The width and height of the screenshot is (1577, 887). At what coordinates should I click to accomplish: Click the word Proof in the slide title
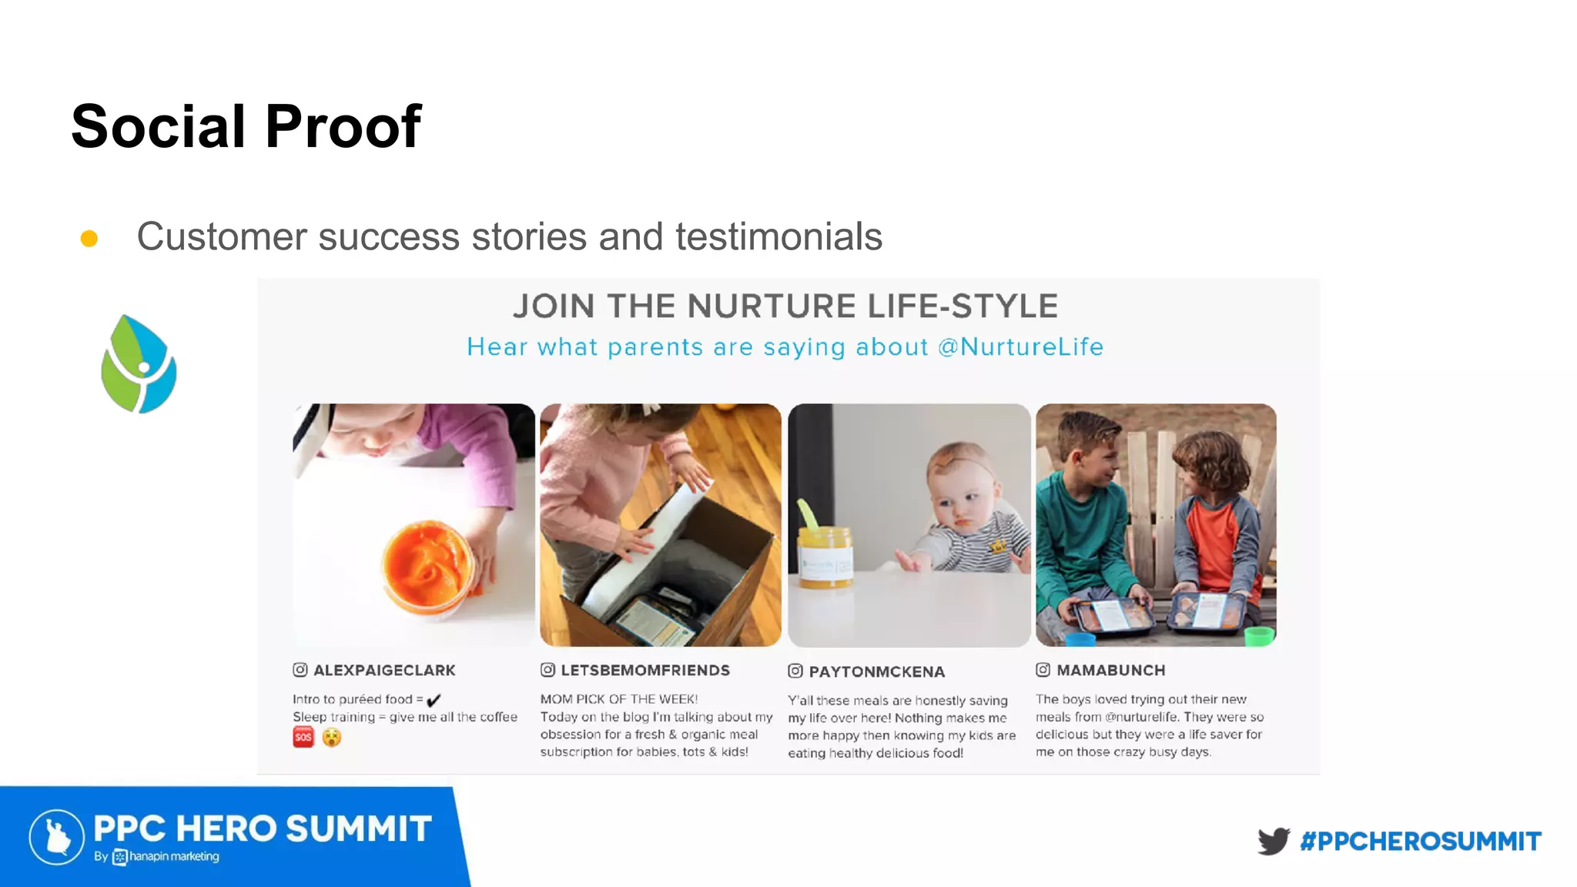(343, 127)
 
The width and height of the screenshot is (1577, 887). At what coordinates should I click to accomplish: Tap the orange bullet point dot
(89, 239)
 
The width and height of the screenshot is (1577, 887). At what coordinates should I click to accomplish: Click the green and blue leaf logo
(139, 363)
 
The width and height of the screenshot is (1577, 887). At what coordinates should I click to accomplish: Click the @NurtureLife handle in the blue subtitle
(1020, 347)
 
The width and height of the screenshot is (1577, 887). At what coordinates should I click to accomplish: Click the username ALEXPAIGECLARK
(384, 671)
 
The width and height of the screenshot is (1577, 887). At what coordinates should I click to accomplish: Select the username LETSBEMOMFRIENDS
(645, 671)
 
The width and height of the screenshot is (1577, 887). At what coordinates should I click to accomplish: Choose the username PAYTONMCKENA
(876, 672)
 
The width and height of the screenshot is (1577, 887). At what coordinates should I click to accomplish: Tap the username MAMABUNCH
(1110, 671)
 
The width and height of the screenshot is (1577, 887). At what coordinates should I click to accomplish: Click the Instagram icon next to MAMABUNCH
(1043, 670)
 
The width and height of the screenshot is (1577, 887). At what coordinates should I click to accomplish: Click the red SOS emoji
(303, 738)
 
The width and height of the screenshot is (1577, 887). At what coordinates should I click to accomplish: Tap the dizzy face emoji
(332, 738)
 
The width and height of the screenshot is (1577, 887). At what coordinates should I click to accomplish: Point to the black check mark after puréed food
(434, 700)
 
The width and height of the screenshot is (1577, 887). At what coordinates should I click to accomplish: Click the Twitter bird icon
(1274, 841)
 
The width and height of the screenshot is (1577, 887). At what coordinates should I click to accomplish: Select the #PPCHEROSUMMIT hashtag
(1421, 842)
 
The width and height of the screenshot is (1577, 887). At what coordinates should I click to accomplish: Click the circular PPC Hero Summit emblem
(57, 837)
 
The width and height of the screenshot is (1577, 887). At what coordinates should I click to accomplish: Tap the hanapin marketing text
(174, 857)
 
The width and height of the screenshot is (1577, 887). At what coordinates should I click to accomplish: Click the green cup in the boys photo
(1259, 637)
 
